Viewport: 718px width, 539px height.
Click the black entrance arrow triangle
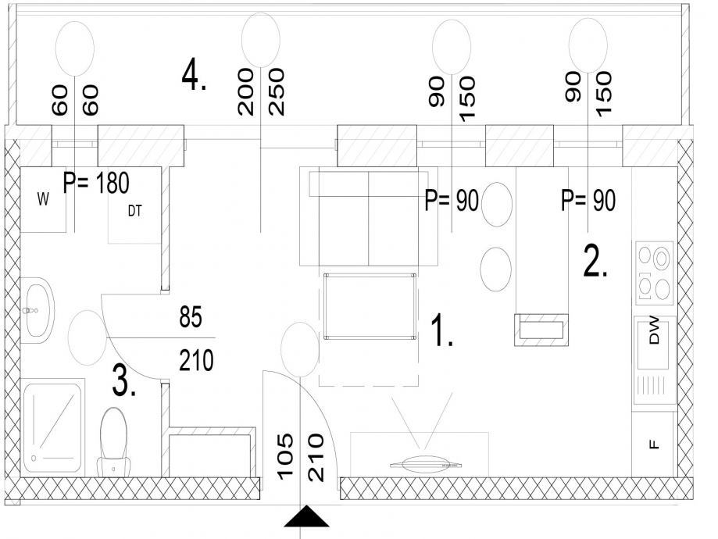[x=306, y=516]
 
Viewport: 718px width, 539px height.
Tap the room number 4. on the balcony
[x=194, y=76]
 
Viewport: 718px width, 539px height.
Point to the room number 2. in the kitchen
[x=595, y=262]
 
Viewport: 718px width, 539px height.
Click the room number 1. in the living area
[x=442, y=330]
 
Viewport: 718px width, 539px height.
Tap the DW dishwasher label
[x=655, y=330]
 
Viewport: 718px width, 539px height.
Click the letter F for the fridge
[x=655, y=444]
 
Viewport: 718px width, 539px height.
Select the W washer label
[x=43, y=199]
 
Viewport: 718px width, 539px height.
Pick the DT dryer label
[x=134, y=211]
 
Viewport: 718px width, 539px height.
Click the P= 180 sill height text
[x=96, y=183]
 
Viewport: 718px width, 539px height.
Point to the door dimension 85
[x=191, y=317]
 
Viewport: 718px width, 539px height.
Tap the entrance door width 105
[x=285, y=456]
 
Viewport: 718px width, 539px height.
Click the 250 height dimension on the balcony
[x=276, y=91]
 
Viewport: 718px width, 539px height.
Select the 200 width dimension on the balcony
[x=245, y=91]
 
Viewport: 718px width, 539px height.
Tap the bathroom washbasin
[x=38, y=310]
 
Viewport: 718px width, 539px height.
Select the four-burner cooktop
[x=655, y=273]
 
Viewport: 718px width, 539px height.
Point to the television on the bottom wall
[x=426, y=463]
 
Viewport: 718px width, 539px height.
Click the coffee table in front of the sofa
[x=370, y=306]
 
